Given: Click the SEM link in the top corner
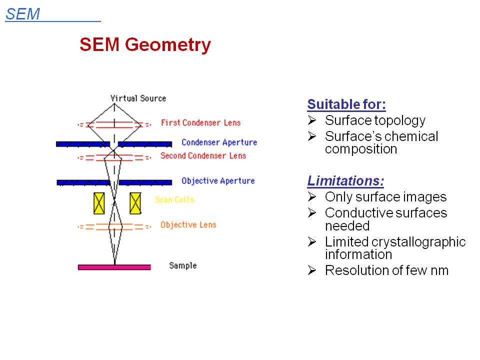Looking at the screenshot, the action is coord(22,14).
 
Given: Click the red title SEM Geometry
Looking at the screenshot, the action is coord(145,44).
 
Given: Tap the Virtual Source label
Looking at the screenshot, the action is coord(138,98).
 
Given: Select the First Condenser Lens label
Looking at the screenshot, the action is coord(200,123).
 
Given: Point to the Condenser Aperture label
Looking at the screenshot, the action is coord(219,142).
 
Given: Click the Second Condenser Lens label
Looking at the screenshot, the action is coord(203,156).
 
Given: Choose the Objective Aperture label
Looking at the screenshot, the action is coord(218,181).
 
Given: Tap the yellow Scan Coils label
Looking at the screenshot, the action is coord(174,199).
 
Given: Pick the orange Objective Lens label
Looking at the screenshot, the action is coord(188,224).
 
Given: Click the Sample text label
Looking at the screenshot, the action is coord(183,265).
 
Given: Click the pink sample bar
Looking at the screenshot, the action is coord(114,267).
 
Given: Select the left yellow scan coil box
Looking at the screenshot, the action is coord(99,203).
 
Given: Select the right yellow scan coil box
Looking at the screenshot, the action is coord(135,203).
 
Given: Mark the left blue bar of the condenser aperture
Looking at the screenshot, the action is coord(83,144).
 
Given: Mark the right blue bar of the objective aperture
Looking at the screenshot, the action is coord(145,182).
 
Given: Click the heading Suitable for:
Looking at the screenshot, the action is coord(346,104).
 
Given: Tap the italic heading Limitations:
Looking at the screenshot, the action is coord(345,180).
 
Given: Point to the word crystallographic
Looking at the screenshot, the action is coord(418,242).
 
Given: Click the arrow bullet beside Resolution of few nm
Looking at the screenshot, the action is coord(312,270).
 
